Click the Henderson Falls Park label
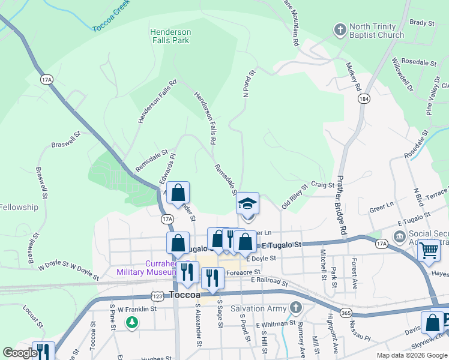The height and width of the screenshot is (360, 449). point(170,36)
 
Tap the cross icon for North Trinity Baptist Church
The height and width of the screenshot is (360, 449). point(340,29)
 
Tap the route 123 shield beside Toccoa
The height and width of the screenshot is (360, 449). point(157,296)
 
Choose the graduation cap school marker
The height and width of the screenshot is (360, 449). point(247,204)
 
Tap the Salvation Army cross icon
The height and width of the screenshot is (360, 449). point(295,308)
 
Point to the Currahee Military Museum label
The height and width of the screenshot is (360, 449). point(162,268)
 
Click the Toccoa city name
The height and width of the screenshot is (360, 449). point(190,295)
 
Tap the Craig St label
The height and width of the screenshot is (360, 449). point(322,185)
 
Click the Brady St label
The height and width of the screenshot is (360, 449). point(421,23)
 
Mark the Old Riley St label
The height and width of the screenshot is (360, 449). point(295,196)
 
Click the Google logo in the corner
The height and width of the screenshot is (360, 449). point(20,353)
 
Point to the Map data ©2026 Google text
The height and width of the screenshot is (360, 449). point(411,355)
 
